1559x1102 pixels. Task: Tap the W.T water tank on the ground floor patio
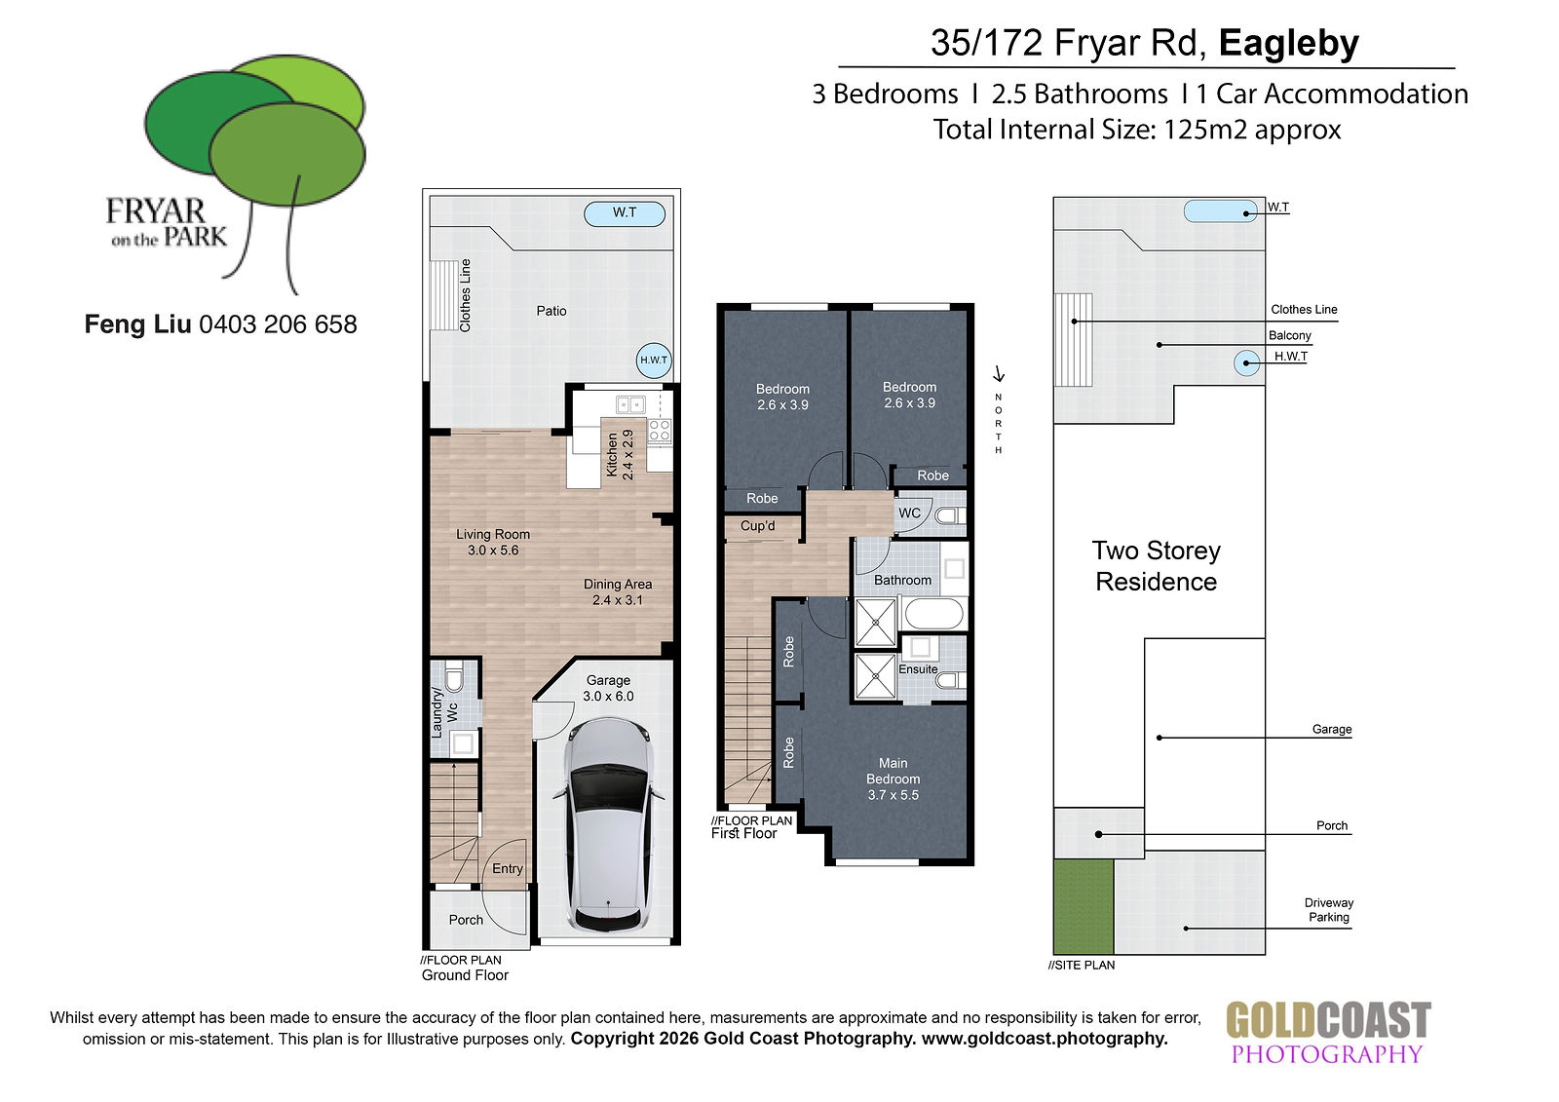pos(625,213)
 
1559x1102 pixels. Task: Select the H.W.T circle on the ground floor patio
pos(654,361)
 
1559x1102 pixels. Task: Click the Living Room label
pos(493,543)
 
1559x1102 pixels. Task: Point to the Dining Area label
pos(618,591)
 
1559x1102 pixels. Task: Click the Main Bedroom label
pos(893,779)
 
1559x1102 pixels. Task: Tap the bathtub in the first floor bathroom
pos(933,615)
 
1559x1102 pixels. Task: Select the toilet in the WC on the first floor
pos(949,515)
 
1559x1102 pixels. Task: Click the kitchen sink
pos(630,404)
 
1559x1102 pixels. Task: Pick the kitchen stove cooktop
pos(660,431)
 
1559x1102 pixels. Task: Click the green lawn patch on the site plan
pos(1083,906)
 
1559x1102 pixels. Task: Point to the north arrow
pos(999,374)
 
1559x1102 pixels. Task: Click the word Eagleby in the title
pos(1288,43)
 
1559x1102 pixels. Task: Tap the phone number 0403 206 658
pos(278,324)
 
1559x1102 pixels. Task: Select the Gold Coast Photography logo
pos(1328,1033)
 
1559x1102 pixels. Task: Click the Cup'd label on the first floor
pos(757,525)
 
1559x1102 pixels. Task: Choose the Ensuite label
pos(918,669)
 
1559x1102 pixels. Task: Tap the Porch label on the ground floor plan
pos(466,920)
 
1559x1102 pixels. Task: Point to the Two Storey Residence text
pos(1156,566)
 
